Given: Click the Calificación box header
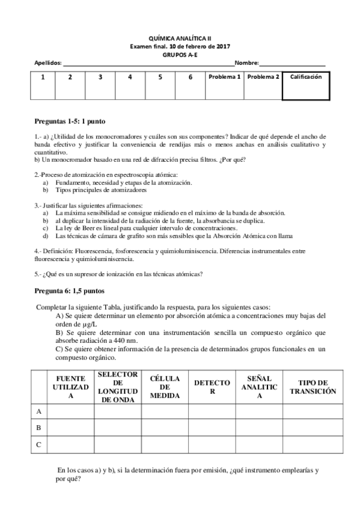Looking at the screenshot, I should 306,77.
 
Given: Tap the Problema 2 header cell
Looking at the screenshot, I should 263,77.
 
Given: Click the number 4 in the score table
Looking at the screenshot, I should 130,77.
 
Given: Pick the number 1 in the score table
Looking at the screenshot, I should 42,77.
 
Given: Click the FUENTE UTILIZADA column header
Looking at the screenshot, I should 70,387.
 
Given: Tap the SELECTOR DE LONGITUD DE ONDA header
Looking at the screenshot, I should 118,387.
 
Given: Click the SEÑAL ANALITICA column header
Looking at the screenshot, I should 259,387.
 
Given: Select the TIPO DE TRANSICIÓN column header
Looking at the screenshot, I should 313,387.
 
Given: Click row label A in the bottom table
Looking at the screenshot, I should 39,411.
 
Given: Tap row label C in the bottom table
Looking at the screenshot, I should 39,444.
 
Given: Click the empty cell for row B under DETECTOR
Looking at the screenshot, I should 212,428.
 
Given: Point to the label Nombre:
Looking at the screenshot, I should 246,63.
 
